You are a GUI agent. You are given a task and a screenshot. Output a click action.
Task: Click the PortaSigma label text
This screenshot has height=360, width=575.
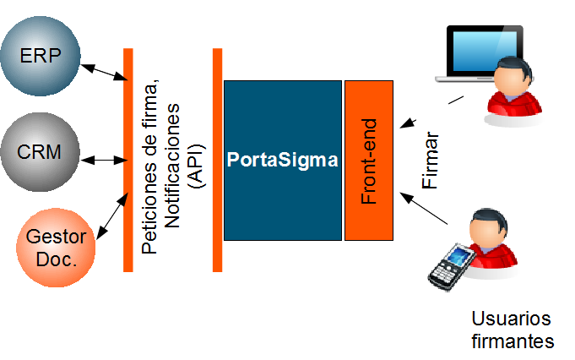point(282,159)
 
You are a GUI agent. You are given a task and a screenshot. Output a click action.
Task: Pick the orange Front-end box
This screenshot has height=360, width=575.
point(369,160)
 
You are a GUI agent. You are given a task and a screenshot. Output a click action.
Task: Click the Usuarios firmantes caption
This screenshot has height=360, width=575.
point(512,330)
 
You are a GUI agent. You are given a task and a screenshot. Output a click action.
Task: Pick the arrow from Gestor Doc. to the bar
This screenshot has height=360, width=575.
point(111,217)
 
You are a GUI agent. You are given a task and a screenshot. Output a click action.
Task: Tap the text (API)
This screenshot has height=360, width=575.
point(196,161)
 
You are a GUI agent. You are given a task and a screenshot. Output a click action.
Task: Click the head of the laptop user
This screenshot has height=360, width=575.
point(511,79)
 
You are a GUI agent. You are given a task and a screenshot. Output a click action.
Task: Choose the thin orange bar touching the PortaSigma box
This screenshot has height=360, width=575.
point(217,160)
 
